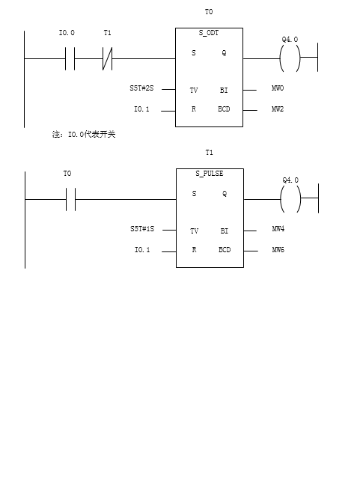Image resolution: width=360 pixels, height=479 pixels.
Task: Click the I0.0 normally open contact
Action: [70, 58]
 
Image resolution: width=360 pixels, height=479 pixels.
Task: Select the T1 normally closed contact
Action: [107, 58]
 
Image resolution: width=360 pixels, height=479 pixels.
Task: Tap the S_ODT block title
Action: [209, 33]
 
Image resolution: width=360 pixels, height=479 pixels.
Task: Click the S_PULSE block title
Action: [210, 174]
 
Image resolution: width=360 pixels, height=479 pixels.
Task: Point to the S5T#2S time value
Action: [141, 88]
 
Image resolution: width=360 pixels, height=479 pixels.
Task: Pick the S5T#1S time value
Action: [142, 229]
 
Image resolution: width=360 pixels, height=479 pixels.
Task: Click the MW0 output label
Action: [278, 88]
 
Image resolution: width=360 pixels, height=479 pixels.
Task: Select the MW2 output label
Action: [278, 109]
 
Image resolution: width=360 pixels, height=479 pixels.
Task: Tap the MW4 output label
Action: [278, 229]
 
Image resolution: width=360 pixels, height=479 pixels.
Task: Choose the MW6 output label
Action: [278, 250]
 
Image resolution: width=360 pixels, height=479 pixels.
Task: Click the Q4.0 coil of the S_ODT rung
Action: [290, 58]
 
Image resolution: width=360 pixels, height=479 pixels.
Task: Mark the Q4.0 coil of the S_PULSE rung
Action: [290, 199]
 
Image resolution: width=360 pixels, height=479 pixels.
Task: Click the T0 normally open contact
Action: [70, 200]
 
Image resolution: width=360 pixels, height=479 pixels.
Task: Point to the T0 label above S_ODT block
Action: [209, 12]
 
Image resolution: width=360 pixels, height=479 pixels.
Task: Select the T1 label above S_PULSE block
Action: [209, 153]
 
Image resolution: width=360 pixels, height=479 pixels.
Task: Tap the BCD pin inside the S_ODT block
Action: [224, 109]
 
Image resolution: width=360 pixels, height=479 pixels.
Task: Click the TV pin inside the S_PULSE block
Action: [194, 231]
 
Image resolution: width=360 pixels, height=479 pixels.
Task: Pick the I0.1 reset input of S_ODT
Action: [141, 109]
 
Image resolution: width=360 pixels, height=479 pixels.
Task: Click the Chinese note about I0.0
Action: [84, 135]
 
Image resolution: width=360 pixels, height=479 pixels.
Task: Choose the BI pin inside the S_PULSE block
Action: [225, 231]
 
